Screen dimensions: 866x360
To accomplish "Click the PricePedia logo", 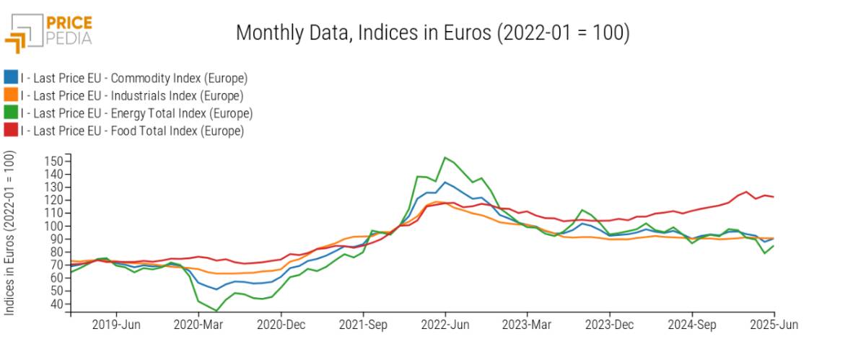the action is point(48,33).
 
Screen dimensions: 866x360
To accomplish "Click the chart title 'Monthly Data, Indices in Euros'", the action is point(364,32).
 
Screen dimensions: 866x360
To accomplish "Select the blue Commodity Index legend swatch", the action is point(11,77).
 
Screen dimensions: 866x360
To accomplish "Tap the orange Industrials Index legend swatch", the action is point(11,95).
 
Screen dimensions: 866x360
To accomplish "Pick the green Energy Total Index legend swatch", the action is point(11,112).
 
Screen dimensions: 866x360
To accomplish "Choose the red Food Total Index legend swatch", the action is point(11,130).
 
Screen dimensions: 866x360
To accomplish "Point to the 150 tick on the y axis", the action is point(53,162).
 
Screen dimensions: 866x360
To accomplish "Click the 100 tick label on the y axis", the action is point(53,227).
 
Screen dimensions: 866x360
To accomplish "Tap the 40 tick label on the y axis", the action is point(56,304).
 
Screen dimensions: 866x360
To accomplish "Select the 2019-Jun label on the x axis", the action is point(116,325).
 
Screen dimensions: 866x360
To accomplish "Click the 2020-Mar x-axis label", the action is point(198,325).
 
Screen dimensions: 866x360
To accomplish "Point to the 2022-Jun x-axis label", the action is point(445,325).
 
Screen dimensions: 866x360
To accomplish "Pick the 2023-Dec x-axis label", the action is point(610,325).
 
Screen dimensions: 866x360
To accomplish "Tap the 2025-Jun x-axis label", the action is point(774,325).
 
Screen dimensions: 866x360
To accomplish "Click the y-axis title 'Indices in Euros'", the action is point(9,233).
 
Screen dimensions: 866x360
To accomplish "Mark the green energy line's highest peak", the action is point(445,157).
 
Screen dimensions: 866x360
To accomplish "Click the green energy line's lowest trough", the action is point(216,311).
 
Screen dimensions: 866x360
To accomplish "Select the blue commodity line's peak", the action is point(445,182).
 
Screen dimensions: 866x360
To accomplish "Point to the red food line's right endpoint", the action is point(774,197).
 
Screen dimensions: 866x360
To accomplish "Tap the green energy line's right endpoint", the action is point(774,245).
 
